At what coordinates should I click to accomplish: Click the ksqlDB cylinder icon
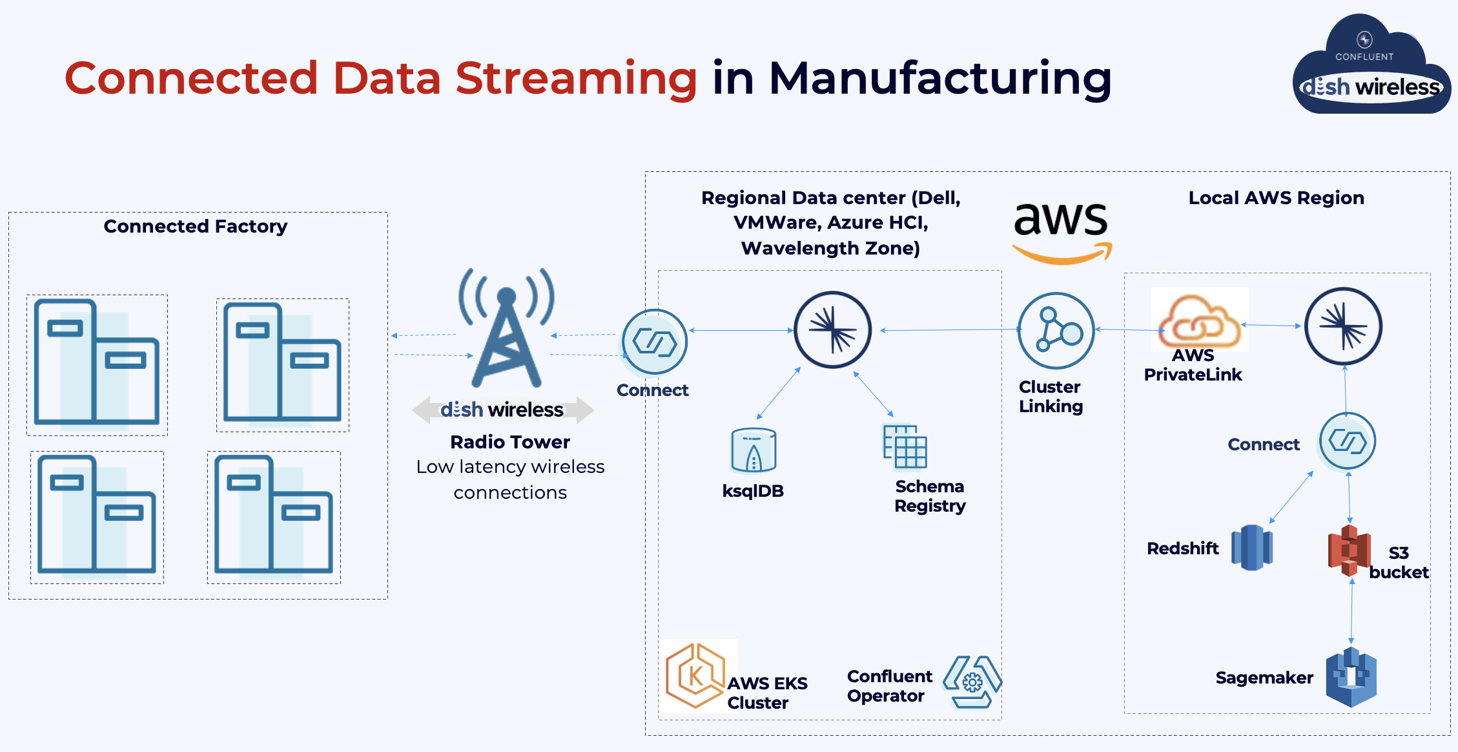pyautogui.click(x=753, y=450)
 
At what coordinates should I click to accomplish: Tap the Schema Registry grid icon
pyautogui.click(x=905, y=446)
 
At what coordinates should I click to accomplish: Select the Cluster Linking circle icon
pyautogui.click(x=1056, y=331)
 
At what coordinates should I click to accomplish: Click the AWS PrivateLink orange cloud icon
pyautogui.click(x=1199, y=320)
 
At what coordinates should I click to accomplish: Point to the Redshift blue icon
pyautogui.click(x=1251, y=547)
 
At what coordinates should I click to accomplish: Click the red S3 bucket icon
pyautogui.click(x=1349, y=550)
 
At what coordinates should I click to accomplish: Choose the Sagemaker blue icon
pyautogui.click(x=1351, y=677)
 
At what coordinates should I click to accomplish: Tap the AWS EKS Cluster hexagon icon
pyautogui.click(x=695, y=676)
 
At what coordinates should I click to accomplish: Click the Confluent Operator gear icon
pyautogui.click(x=972, y=682)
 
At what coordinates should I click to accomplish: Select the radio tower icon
pyautogui.click(x=507, y=329)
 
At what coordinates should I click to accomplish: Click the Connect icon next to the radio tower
pyautogui.click(x=654, y=342)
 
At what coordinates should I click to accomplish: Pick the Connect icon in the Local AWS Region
pyautogui.click(x=1347, y=441)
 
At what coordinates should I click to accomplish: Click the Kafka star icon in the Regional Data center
pyautogui.click(x=832, y=330)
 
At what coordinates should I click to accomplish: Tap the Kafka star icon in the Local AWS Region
pyautogui.click(x=1343, y=326)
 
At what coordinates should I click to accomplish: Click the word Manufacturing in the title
pyautogui.click(x=940, y=79)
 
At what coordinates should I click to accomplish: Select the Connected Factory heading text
pyautogui.click(x=195, y=226)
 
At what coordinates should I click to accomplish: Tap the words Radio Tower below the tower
pyautogui.click(x=509, y=442)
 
